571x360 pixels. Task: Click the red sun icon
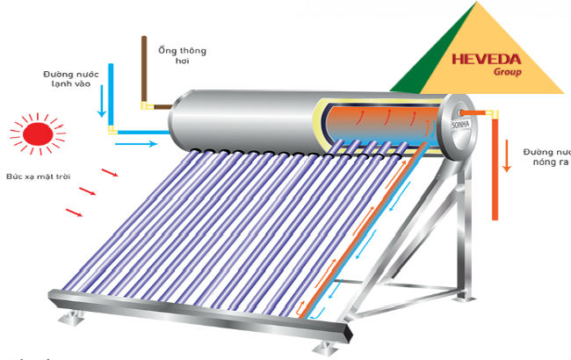pyautogui.click(x=38, y=133)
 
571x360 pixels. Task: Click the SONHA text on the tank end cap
pyautogui.click(x=459, y=127)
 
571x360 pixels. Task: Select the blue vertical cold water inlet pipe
pyautogui.click(x=111, y=92)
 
